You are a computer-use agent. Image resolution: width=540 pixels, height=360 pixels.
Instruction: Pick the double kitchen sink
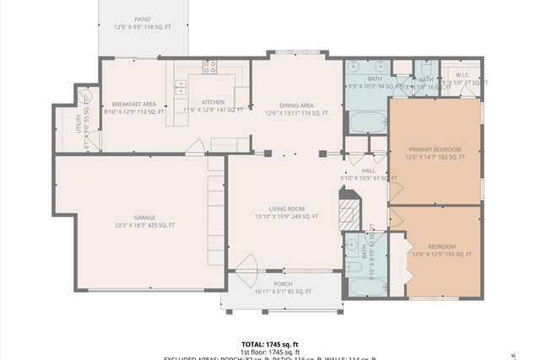[x=180, y=83]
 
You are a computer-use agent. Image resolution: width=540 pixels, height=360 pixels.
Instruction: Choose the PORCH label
[x=283, y=284]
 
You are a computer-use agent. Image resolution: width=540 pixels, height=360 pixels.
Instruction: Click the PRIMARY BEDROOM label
[x=434, y=149]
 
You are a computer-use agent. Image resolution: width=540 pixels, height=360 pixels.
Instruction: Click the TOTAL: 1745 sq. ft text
[x=270, y=344]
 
